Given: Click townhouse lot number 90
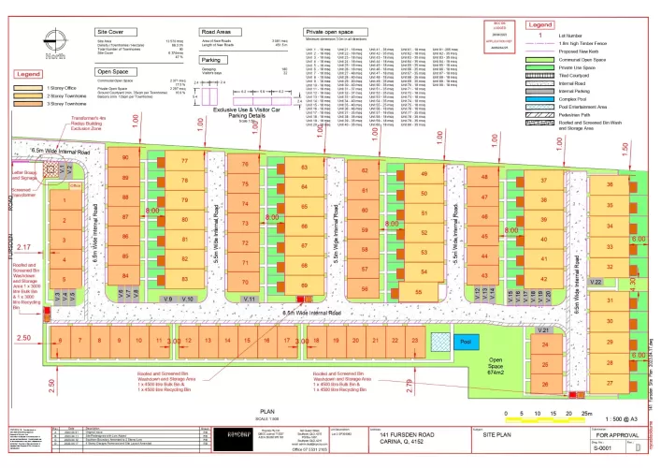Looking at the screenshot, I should coord(125,158).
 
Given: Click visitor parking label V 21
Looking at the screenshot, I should coord(542,330).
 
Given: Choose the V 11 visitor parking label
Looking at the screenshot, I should coord(250,298).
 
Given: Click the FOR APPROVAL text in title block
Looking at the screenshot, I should coord(617,435).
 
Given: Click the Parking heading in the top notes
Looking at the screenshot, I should coord(210,58).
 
